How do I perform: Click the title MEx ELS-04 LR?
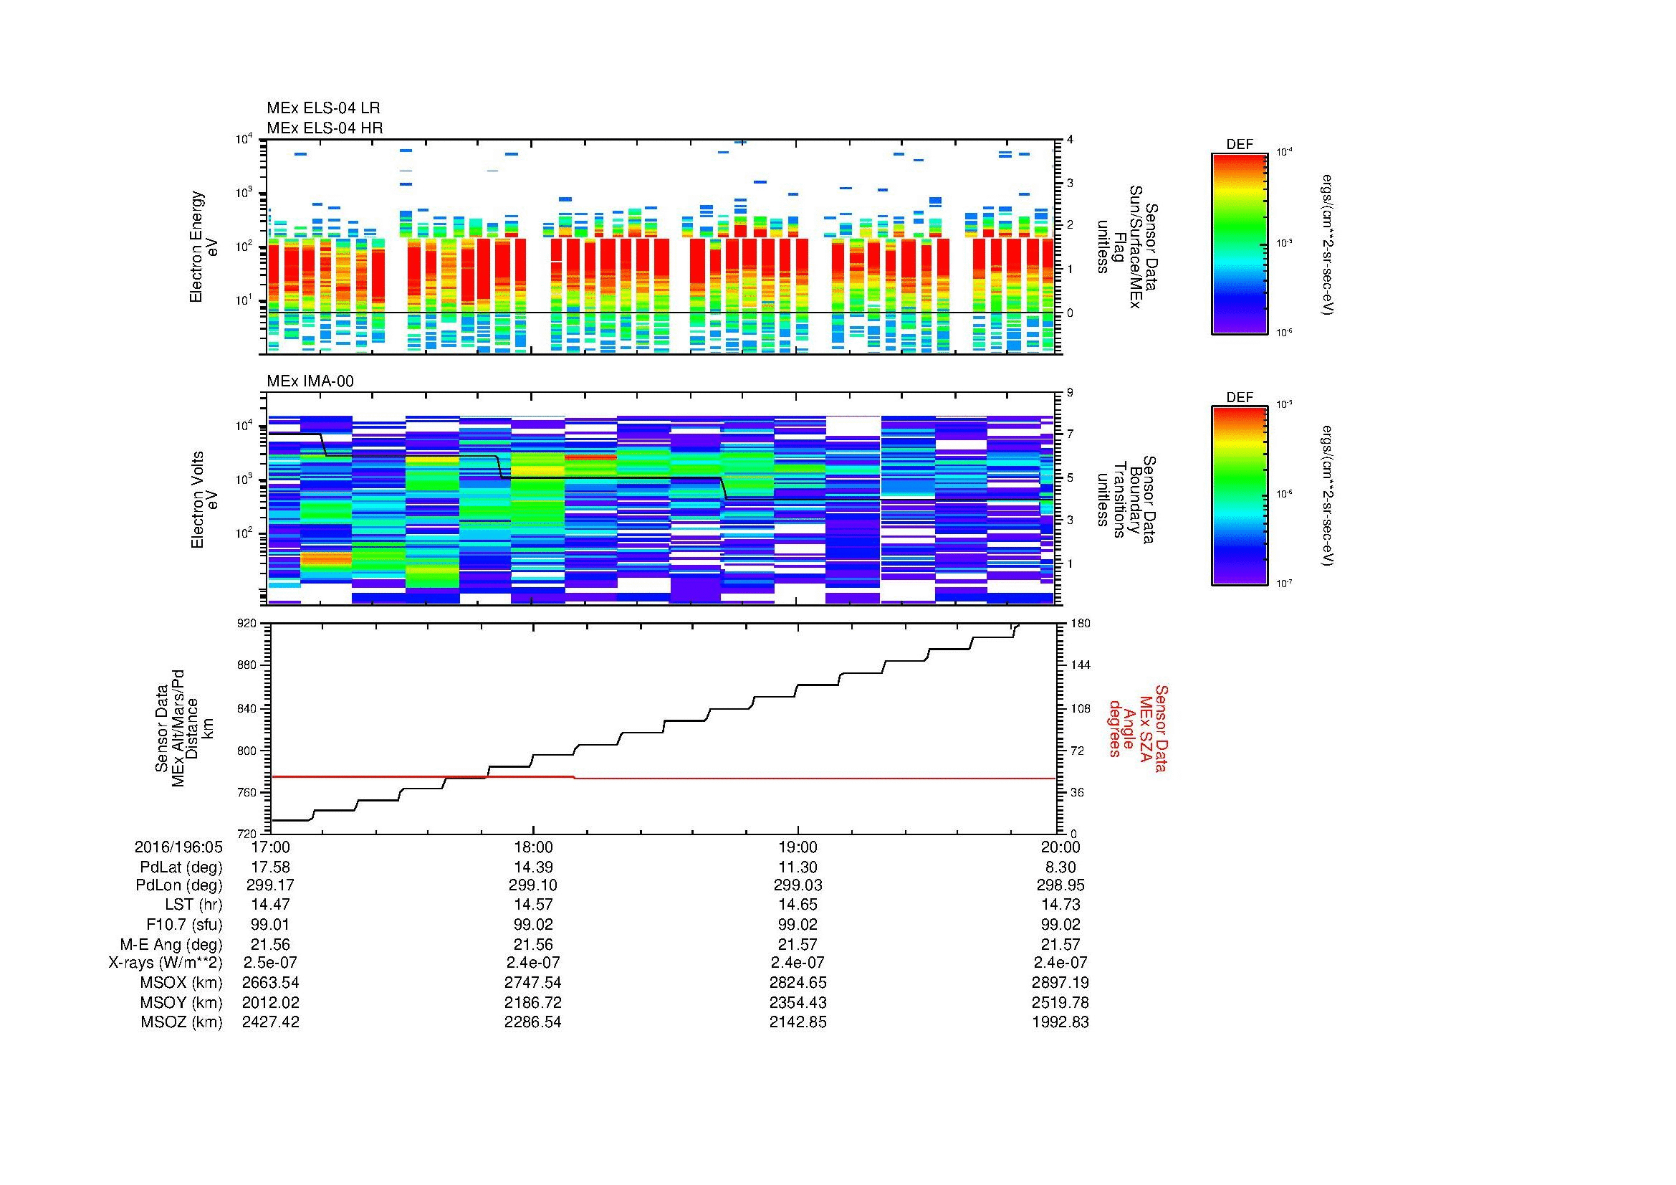[x=322, y=108]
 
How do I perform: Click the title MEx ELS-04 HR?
[x=324, y=128]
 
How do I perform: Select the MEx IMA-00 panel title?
[x=310, y=381]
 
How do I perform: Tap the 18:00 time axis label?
[x=533, y=847]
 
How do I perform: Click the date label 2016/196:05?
[x=178, y=847]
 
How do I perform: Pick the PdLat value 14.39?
[x=533, y=867]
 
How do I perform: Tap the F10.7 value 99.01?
[x=270, y=924]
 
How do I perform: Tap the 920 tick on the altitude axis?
[x=248, y=624]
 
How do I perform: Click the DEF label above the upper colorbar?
[x=1239, y=145]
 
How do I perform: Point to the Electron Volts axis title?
[x=197, y=500]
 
